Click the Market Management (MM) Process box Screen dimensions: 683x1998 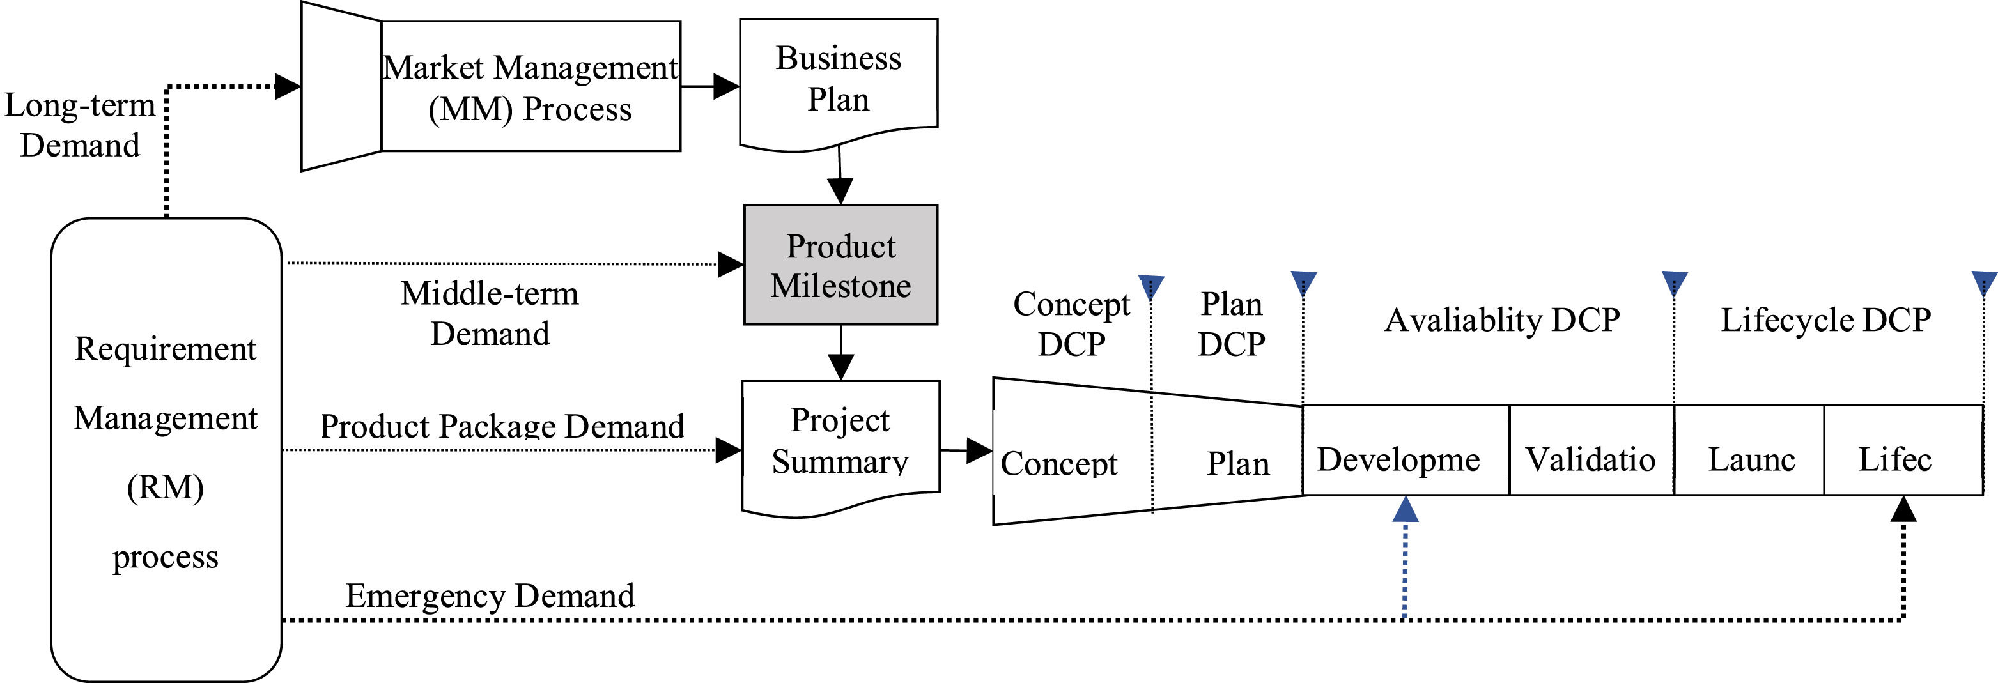530,87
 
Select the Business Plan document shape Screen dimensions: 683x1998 839,79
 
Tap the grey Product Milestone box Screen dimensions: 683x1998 840,265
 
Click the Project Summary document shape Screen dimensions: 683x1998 840,442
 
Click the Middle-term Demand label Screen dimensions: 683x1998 490,314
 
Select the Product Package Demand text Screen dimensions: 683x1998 502,426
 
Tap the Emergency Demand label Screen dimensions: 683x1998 490,595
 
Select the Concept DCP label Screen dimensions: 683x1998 1071,324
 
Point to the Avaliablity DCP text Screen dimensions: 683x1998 1503,319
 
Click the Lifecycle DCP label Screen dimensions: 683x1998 1826,319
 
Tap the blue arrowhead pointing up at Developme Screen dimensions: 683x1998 1406,510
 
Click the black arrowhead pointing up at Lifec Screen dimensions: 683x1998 1903,510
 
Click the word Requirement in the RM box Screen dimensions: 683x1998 165,349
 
